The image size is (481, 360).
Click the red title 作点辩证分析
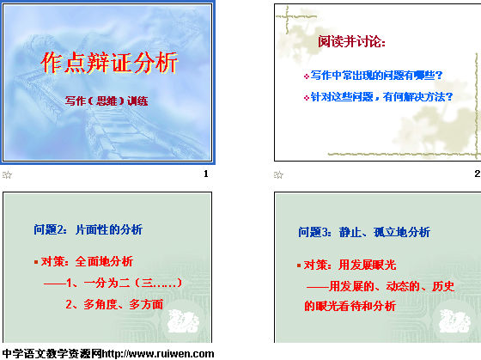pos(109,63)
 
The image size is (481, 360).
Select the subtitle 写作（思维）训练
pos(107,101)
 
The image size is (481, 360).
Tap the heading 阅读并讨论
pos(351,41)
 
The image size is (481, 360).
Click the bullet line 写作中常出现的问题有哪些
pos(376,76)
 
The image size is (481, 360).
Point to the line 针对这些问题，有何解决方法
pos(381,97)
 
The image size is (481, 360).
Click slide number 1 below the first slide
pos(206,174)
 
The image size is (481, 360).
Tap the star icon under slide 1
pos(7,175)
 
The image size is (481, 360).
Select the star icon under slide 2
pos(278,175)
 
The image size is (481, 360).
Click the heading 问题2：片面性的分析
pos(88,229)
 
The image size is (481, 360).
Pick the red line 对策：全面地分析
pos(87,261)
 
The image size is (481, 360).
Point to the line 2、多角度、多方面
pos(114,304)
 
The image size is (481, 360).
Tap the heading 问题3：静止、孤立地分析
pos(364,232)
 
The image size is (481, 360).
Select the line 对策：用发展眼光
pos(350,265)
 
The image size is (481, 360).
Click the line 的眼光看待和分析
pos(350,306)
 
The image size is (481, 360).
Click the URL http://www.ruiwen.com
pos(158,354)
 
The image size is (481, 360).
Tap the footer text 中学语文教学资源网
pos(52,354)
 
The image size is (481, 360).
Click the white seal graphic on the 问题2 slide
pos(184,321)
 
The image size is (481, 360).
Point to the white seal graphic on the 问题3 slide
pos(455,321)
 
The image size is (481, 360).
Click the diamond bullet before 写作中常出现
pos(306,76)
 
